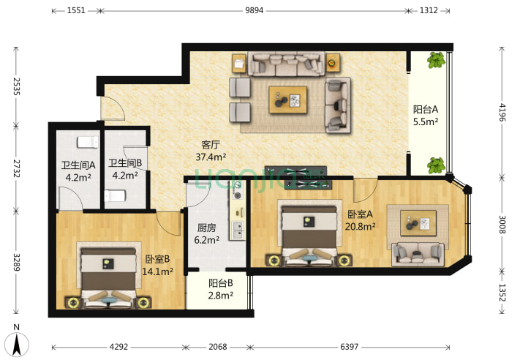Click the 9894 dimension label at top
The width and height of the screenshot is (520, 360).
pos(254,10)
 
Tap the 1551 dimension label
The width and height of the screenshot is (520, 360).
pos(76,10)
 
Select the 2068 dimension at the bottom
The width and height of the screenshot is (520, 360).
pos(217,347)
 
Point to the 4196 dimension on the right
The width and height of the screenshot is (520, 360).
pos(502,113)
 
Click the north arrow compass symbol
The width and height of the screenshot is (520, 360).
pos(17,341)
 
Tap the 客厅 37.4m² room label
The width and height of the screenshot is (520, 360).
pos(211,151)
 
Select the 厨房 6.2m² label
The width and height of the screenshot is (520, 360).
pos(206,233)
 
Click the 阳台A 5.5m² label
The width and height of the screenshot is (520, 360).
pos(426,115)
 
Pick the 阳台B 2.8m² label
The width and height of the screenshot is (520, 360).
pos(221,289)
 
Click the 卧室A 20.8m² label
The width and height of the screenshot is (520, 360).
pos(360,220)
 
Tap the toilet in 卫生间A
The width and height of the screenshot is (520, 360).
pos(88,142)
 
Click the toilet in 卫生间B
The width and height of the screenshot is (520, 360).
pos(115,195)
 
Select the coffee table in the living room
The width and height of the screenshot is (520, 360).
pos(288,100)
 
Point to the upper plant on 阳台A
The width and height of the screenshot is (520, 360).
pos(436,60)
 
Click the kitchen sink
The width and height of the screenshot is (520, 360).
pos(238,230)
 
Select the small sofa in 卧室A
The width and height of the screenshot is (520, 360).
pos(418,254)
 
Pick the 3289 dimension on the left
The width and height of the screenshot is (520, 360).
pos(17,262)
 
